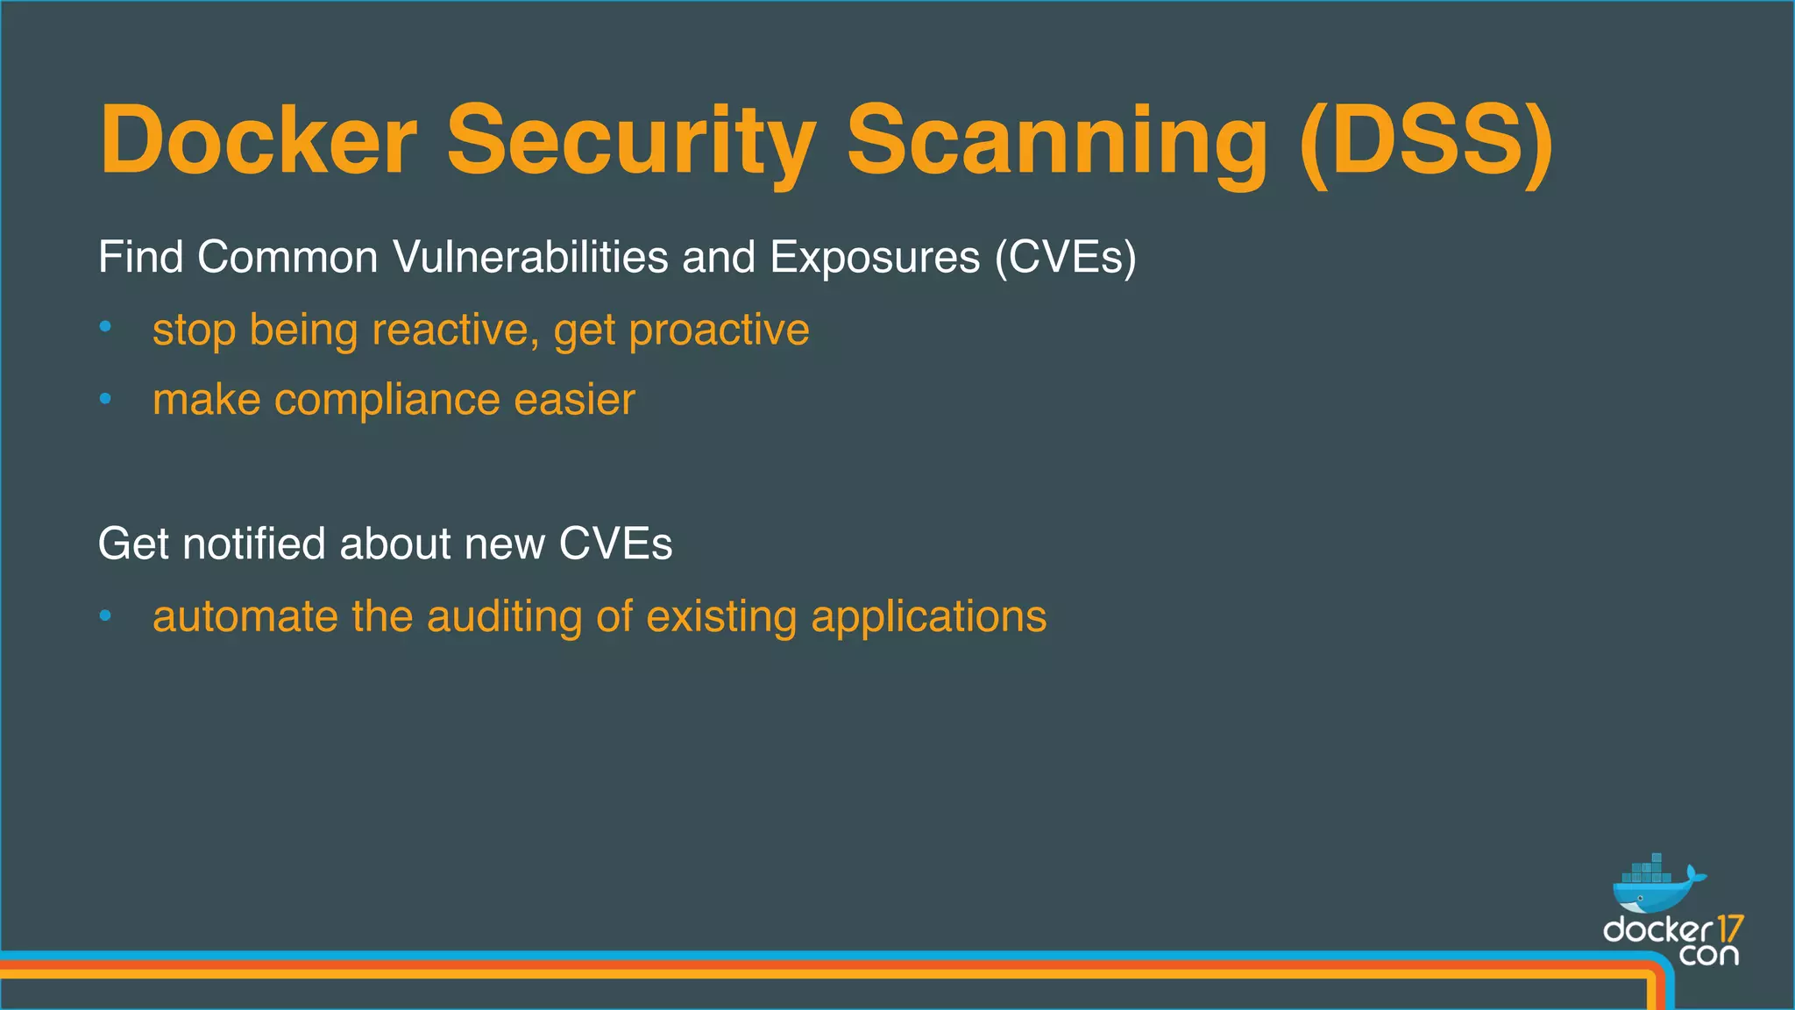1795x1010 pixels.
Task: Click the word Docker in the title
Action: click(x=258, y=141)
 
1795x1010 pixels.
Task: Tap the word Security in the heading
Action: click(x=631, y=141)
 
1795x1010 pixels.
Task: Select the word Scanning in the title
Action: click(x=1056, y=141)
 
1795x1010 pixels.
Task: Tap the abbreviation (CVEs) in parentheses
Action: click(x=1065, y=258)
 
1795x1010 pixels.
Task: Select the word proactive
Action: click(x=719, y=331)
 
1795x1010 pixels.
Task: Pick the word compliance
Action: click(x=387, y=401)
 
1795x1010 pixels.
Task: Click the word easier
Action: click(x=574, y=401)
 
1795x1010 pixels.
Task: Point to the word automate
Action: click(x=245, y=616)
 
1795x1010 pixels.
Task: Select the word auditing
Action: click(x=504, y=616)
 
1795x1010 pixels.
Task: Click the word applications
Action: click(x=928, y=616)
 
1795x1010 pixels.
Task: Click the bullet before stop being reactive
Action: click(x=105, y=327)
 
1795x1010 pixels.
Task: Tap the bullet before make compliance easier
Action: click(x=105, y=399)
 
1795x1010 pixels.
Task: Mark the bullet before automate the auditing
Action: click(x=105, y=616)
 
